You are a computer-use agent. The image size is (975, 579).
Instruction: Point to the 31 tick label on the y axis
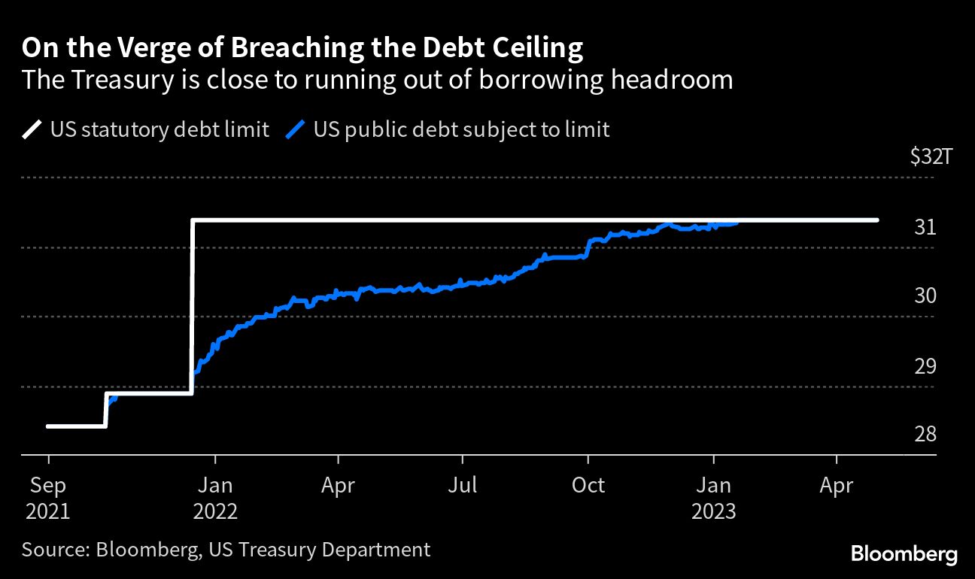925,227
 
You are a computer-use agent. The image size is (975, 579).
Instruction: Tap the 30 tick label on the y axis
925,296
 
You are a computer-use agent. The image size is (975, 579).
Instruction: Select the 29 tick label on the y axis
925,367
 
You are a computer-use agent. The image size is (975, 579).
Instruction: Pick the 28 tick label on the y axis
925,435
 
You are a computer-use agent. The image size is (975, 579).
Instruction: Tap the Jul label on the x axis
463,486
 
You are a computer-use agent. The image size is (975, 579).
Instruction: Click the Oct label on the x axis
588,486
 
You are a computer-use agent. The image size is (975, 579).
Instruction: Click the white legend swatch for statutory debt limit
32,130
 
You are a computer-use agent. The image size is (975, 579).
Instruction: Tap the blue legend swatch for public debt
296,130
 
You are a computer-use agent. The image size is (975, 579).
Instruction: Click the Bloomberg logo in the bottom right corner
904,555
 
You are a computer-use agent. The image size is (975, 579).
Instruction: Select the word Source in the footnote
53,550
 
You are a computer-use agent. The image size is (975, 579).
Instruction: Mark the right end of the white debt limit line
877,220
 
